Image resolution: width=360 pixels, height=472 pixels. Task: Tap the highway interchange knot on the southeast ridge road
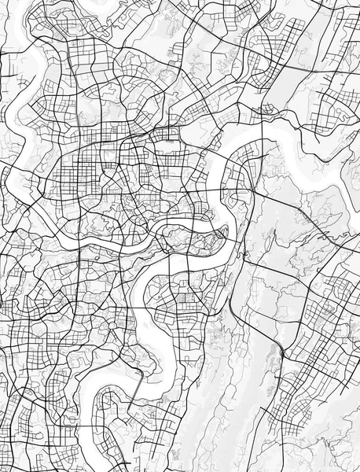(x=281, y=353)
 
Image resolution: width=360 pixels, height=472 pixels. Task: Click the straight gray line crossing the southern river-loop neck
(x=135, y=390)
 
